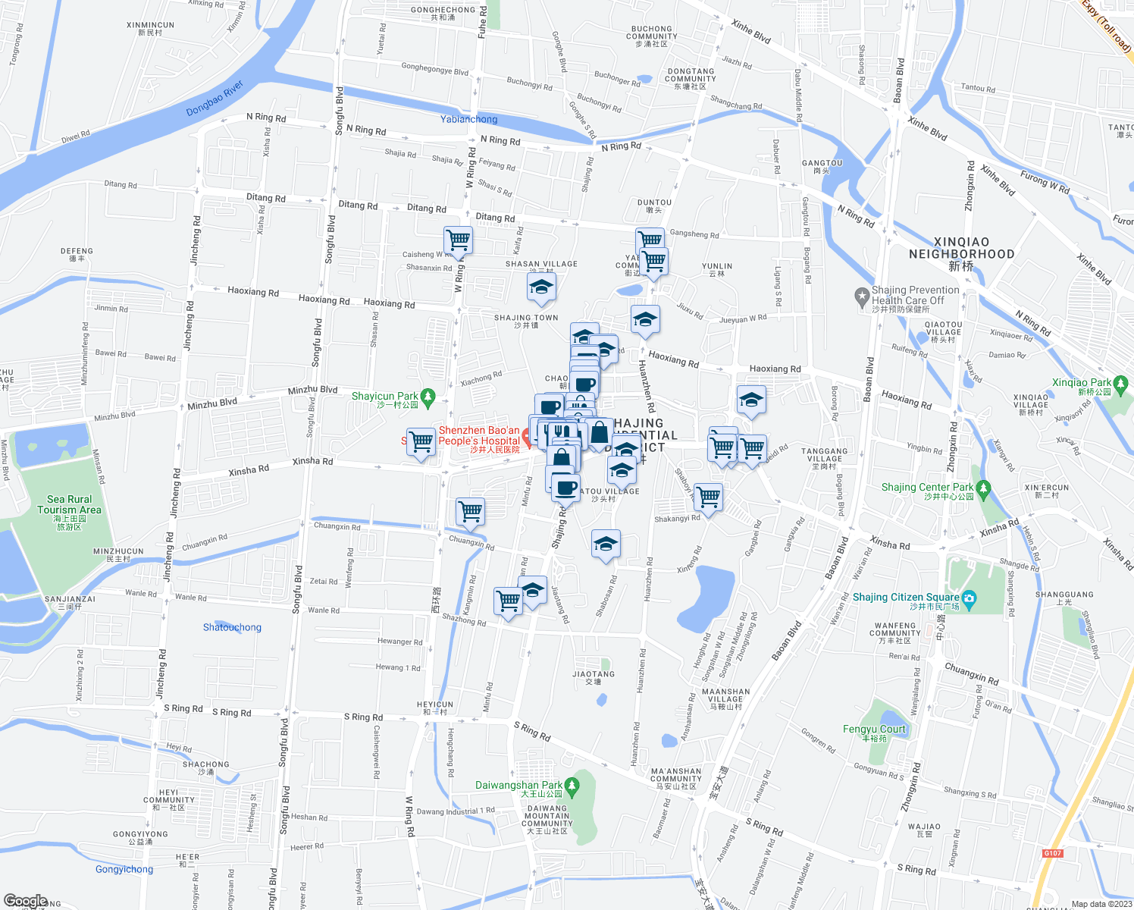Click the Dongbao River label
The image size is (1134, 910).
[x=215, y=98]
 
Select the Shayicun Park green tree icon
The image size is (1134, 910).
[x=428, y=397]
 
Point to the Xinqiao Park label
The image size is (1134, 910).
[x=1082, y=383]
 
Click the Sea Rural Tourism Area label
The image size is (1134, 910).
[x=69, y=505]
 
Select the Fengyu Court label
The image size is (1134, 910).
[x=874, y=729]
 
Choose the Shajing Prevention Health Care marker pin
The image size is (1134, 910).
[x=861, y=296]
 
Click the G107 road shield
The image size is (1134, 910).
[x=1052, y=853]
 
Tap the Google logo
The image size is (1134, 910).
[x=25, y=901]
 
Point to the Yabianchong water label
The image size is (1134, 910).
[x=469, y=119]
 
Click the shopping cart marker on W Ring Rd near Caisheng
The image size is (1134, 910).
[x=459, y=240]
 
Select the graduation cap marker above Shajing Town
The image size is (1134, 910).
[x=541, y=287]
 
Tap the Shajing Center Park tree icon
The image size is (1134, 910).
[x=983, y=488]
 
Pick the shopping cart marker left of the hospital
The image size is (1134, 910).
[x=421, y=441]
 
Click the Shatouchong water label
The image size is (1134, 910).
[x=232, y=627]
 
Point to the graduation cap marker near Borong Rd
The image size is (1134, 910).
[x=750, y=400]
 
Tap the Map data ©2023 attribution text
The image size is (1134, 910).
[x=1101, y=904]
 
